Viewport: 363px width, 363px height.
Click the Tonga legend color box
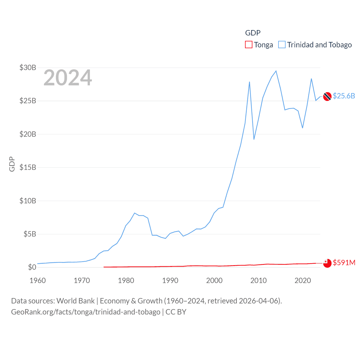point(249,45)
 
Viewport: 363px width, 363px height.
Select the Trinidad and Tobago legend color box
point(282,45)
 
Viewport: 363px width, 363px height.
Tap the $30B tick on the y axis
point(28,67)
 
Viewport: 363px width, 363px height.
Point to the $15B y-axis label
point(28,167)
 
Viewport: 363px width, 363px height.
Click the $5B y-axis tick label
point(30,234)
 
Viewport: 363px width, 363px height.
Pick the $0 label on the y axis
point(32,267)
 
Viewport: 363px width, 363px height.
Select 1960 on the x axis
point(38,280)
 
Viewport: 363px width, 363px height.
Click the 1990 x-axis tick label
point(170,280)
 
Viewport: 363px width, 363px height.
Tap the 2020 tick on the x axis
point(303,280)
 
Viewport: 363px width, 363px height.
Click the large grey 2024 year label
point(68,78)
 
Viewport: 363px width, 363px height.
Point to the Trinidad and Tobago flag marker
point(327,96)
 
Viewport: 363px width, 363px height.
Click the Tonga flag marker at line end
point(327,263)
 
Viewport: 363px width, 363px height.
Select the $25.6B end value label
point(344,96)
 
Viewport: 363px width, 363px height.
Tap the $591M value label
point(344,263)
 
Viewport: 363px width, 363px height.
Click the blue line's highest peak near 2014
point(276,71)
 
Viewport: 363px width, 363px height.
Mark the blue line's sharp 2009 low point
point(254,139)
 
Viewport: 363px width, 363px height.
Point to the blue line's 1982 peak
point(134,213)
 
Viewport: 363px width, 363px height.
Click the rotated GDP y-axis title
point(12,164)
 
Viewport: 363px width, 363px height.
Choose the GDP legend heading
point(253,33)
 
